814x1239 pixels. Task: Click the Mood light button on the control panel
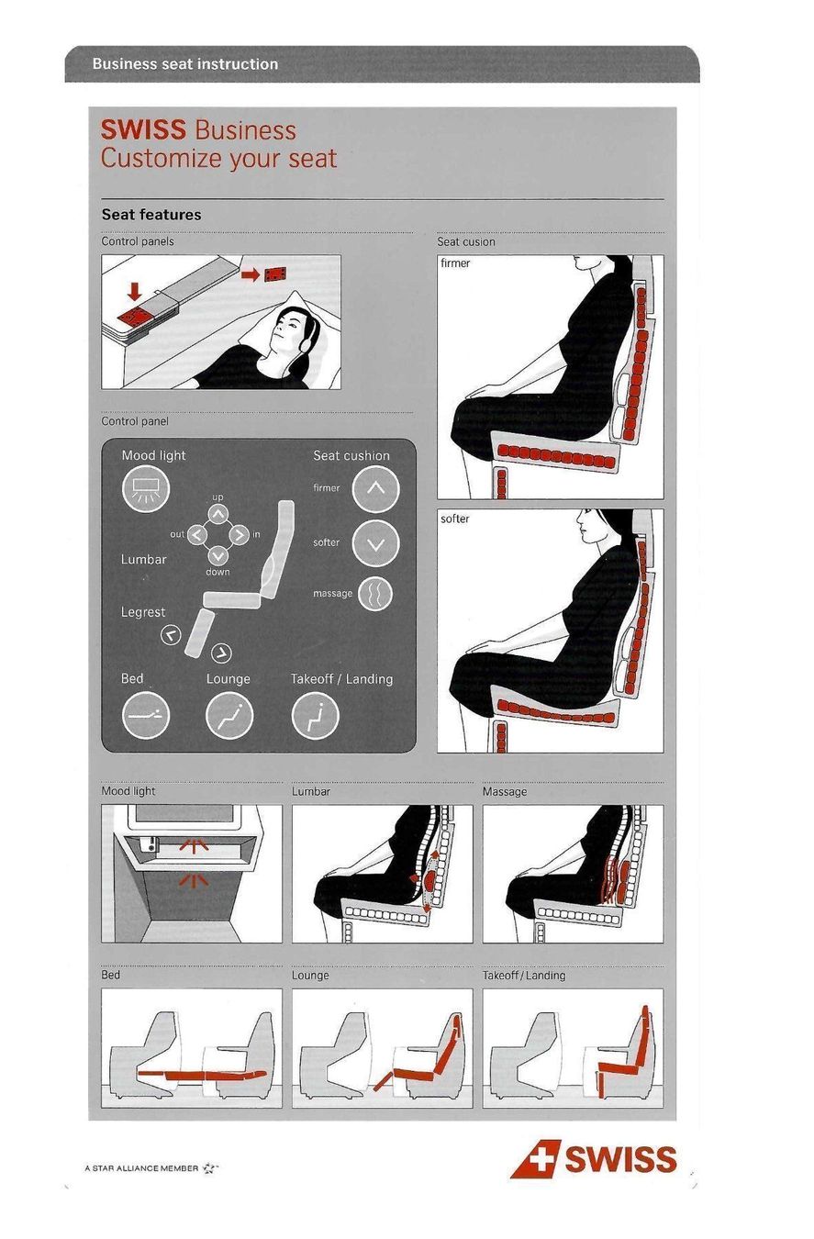coord(145,488)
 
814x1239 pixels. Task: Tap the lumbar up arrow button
coord(217,514)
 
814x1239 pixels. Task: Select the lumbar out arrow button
coord(197,535)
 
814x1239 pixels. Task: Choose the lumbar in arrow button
coord(239,535)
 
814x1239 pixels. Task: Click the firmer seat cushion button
coord(375,488)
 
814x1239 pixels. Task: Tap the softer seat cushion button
coord(375,544)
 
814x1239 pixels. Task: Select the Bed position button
coord(145,715)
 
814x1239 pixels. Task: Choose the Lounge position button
coord(229,715)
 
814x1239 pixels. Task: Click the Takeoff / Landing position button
coord(315,715)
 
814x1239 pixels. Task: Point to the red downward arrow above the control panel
coord(135,291)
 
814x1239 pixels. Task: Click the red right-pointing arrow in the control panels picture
coord(251,274)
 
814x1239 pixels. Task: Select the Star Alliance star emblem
coord(209,1168)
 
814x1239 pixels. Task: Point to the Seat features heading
coord(151,215)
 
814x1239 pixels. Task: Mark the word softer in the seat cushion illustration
coord(454,519)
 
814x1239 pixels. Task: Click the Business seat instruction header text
coord(185,64)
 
